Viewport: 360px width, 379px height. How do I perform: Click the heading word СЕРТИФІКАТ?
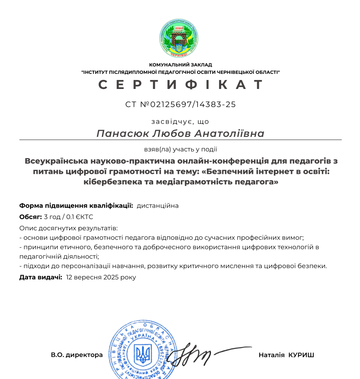pyautogui.click(x=180, y=84)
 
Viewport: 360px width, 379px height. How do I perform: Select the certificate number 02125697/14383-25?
pyautogui.click(x=193, y=104)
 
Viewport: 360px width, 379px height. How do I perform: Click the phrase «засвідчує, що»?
pyautogui.click(x=180, y=121)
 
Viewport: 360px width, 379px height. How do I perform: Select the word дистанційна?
pyautogui.click(x=158, y=206)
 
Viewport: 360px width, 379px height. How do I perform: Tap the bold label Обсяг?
pyautogui.click(x=30, y=217)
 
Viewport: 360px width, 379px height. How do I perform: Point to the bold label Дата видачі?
pyautogui.click(x=41, y=277)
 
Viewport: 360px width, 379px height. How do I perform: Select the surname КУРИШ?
pyautogui.click(x=301, y=355)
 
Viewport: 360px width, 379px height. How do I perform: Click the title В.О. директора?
pyautogui.click(x=77, y=355)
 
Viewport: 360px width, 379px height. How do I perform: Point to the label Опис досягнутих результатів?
pyautogui.click(x=68, y=228)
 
